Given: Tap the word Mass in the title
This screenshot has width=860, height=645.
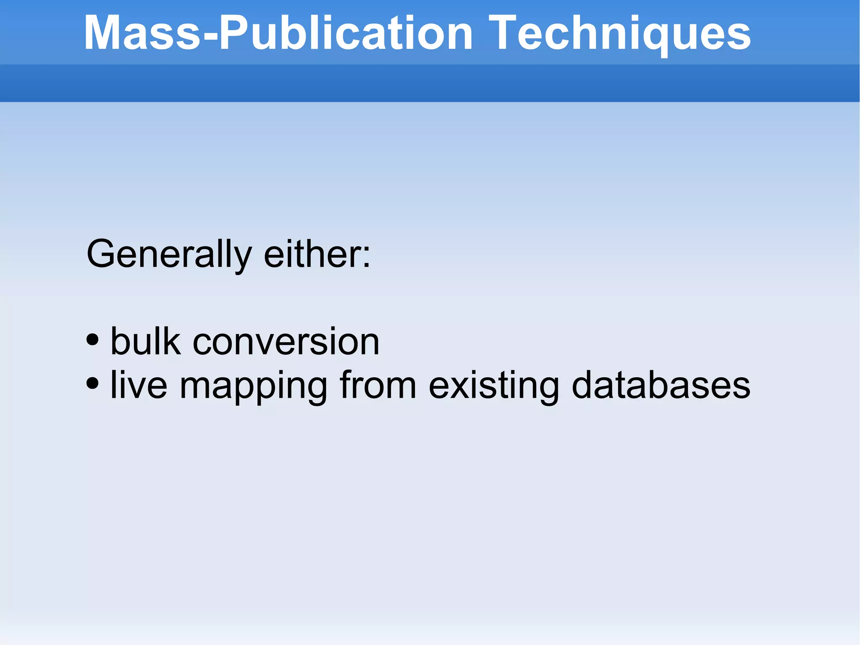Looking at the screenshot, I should click(143, 34).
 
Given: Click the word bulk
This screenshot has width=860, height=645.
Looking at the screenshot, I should click(145, 341).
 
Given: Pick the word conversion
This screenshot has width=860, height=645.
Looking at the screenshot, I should click(286, 342).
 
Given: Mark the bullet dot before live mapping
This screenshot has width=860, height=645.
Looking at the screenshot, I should click(92, 383).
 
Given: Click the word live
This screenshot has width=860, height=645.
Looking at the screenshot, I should click(139, 385).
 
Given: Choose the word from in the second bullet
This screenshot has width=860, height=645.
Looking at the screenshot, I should click(378, 385).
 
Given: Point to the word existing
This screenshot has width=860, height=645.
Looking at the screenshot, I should click(494, 386).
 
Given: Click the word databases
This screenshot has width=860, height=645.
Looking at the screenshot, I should click(661, 385).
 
